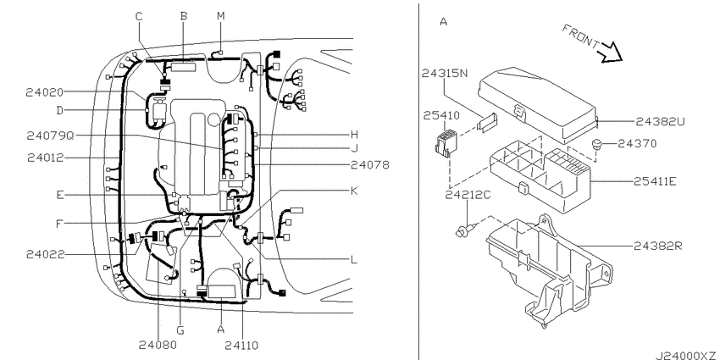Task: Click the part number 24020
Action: click(x=45, y=93)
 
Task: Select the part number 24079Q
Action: click(x=50, y=136)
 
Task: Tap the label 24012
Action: click(x=46, y=158)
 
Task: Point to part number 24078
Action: click(x=369, y=164)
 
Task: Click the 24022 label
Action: click(x=45, y=254)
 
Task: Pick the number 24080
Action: click(x=158, y=345)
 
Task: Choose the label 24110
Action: click(x=241, y=345)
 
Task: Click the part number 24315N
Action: click(x=445, y=74)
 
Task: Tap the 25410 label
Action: click(x=440, y=115)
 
